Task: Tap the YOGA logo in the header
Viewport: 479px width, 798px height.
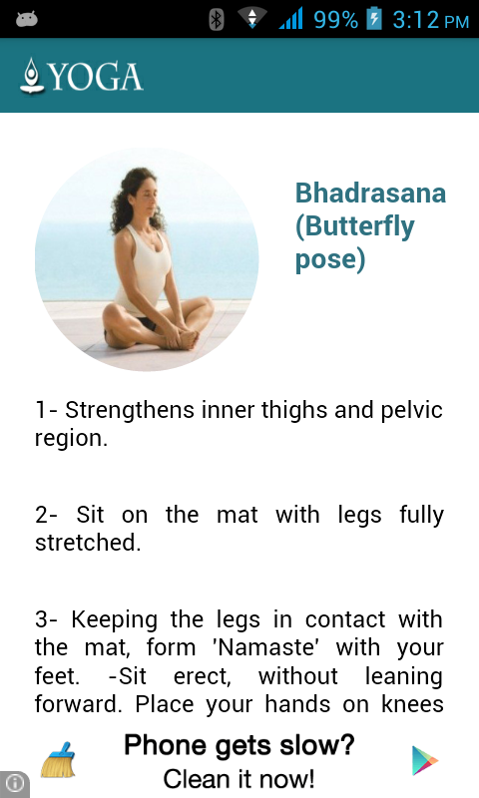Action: click(x=82, y=76)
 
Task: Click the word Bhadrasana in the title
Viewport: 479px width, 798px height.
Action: click(x=370, y=194)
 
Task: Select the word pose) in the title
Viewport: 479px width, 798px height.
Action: click(x=330, y=259)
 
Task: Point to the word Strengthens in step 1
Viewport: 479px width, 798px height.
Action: click(x=130, y=411)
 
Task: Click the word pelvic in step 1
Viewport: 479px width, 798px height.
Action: click(x=412, y=411)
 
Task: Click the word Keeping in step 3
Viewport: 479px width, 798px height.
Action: click(x=114, y=620)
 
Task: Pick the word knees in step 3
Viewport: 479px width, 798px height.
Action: click(x=412, y=704)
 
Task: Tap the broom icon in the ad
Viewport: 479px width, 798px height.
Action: click(x=58, y=760)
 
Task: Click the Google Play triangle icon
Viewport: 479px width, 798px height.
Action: click(x=424, y=760)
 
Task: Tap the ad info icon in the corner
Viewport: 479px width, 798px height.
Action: click(x=14, y=783)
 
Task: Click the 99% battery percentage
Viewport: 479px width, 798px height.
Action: click(x=335, y=20)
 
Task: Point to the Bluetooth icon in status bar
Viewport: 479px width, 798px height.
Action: click(x=217, y=20)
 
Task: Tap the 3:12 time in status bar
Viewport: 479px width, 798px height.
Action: click(x=415, y=20)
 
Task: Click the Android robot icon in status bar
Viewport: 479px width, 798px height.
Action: click(x=27, y=20)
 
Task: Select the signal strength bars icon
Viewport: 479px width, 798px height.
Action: click(x=290, y=18)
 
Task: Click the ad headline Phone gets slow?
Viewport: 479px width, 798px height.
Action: click(x=239, y=746)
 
